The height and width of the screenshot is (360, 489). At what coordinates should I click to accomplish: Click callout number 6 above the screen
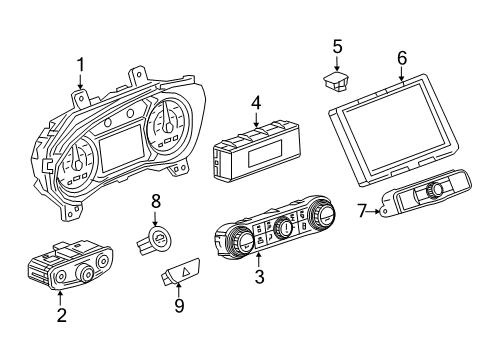pyautogui.click(x=401, y=58)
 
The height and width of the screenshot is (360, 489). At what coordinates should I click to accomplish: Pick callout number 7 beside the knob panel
pyautogui.click(x=362, y=211)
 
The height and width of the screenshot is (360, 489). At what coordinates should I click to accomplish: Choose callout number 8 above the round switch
pyautogui.click(x=155, y=200)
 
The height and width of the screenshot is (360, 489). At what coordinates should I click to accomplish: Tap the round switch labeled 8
pyautogui.click(x=156, y=241)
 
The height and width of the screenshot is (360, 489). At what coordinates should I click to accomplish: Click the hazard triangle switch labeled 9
pyautogui.click(x=181, y=270)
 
